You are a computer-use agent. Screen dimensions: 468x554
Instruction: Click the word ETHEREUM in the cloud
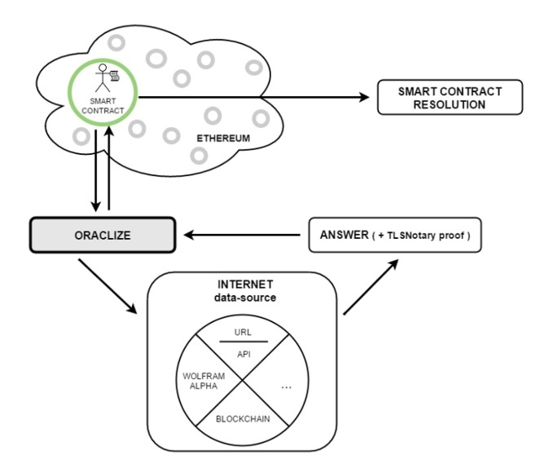tap(222, 139)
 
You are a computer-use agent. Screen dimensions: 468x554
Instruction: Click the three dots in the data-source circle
tap(286, 387)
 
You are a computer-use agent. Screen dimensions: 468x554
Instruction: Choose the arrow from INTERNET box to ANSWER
tap(372, 285)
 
